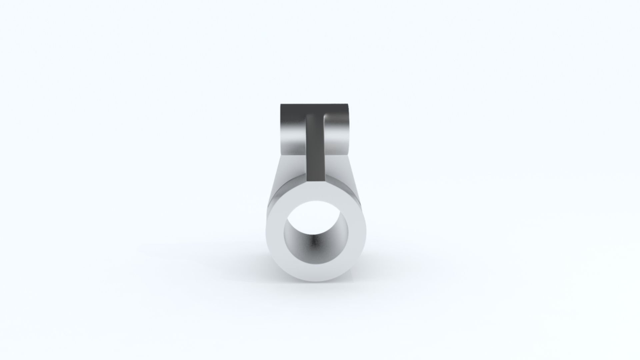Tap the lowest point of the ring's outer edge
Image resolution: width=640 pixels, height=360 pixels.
tap(316, 281)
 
